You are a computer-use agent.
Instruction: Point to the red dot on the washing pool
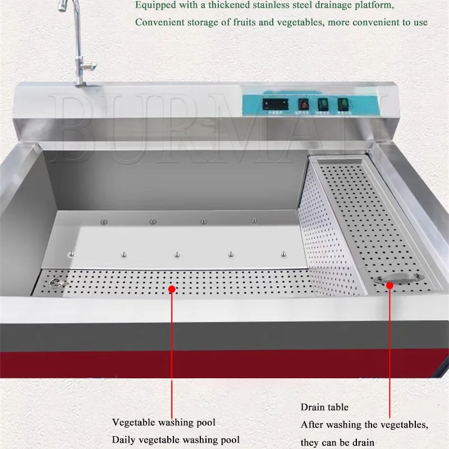(x=172, y=288)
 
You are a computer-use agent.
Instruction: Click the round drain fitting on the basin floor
(x=54, y=283)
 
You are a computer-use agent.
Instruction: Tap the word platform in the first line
(x=374, y=6)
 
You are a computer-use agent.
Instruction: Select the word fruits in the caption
(x=233, y=22)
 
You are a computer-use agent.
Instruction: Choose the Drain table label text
(x=324, y=407)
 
